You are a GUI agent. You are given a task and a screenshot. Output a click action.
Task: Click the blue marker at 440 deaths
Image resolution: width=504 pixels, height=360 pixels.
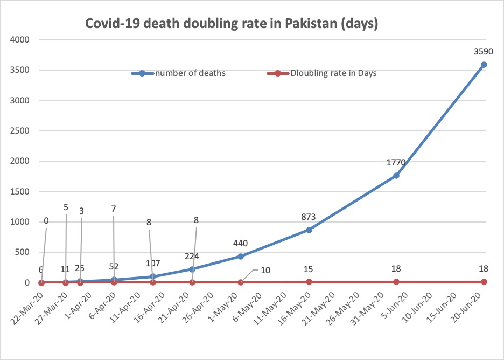tap(241, 256)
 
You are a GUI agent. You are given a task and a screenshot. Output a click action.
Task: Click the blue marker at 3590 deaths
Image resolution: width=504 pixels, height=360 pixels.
tap(484, 65)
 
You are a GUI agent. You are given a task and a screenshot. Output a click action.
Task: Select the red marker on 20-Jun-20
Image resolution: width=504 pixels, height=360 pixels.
tap(484, 282)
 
